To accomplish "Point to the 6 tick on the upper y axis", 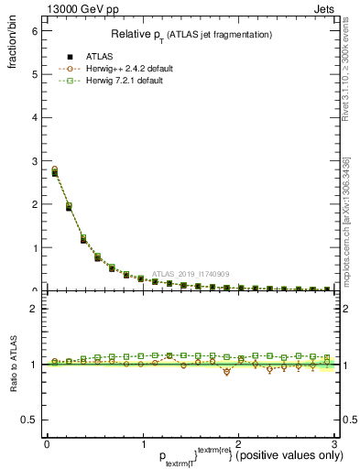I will (34, 30).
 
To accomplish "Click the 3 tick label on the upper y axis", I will (34, 160).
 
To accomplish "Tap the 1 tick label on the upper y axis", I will (34, 247).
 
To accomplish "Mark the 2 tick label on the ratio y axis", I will (34, 309).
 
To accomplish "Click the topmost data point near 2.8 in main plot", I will (55, 169).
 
